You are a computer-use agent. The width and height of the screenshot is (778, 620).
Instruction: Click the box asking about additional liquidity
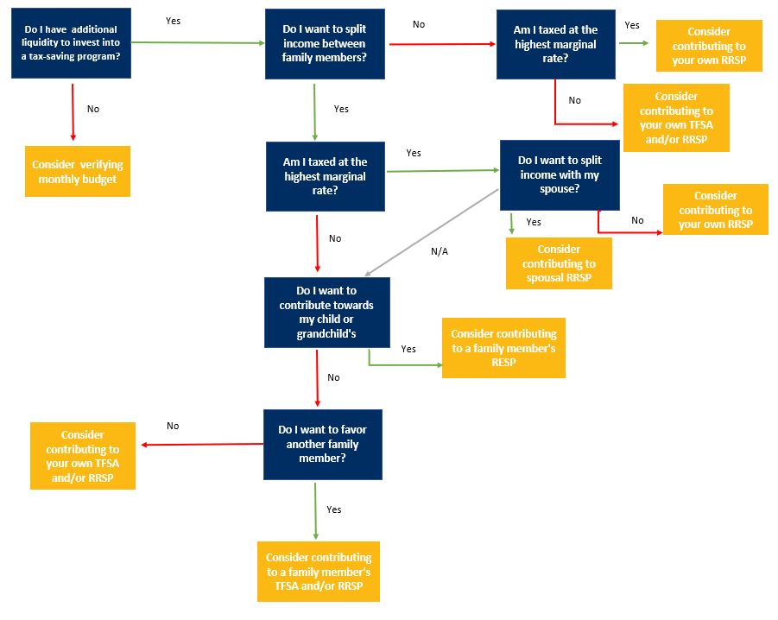(71, 43)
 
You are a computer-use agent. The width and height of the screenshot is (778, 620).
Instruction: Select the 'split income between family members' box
(325, 43)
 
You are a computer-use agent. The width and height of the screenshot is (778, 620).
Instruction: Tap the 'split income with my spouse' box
(560, 175)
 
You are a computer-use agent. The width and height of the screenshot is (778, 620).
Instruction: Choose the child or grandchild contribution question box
(326, 313)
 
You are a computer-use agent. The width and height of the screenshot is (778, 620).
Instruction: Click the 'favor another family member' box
(323, 444)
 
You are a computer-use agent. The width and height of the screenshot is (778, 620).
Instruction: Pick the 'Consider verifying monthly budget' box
(78, 171)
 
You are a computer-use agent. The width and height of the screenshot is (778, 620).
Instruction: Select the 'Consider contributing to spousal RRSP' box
(559, 263)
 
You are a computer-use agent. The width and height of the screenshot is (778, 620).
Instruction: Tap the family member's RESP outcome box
(503, 348)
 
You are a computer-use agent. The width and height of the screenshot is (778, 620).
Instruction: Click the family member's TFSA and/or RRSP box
(319, 572)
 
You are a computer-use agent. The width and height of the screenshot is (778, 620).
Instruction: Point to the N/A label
(440, 251)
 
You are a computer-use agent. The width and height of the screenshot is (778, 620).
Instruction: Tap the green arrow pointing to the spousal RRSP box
(512, 222)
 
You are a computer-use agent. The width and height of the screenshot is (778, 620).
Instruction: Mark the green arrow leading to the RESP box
(402, 364)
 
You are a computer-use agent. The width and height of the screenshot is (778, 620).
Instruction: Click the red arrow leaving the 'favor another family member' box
(203, 445)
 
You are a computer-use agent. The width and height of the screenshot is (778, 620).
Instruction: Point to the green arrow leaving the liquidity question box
(198, 42)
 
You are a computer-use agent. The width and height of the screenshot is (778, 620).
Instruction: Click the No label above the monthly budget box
(93, 110)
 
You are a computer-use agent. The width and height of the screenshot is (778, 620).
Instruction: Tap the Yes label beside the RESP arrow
(408, 349)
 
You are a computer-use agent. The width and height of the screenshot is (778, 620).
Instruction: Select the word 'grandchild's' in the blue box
(326, 333)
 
